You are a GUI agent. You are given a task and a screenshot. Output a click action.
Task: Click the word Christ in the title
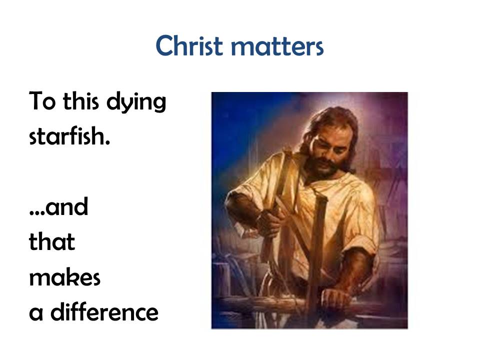pyautogui.click(x=189, y=45)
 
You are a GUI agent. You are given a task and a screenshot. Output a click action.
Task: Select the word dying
pyautogui.click(x=136, y=102)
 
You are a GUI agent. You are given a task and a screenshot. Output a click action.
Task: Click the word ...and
pyautogui.click(x=59, y=206)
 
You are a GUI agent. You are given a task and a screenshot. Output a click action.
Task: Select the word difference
pyautogui.click(x=104, y=312)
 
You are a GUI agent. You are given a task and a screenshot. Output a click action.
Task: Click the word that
pyautogui.click(x=52, y=241)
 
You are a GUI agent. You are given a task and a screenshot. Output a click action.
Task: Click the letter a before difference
pyautogui.click(x=36, y=314)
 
